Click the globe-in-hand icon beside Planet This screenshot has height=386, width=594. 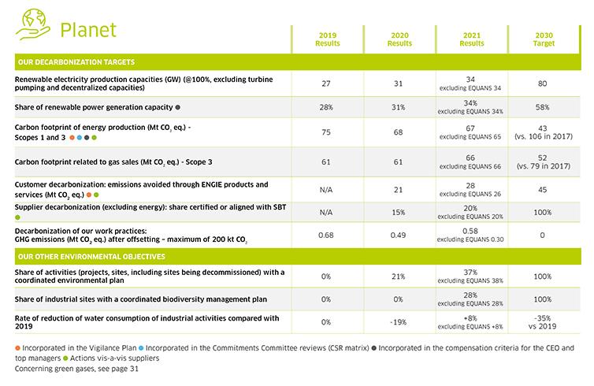[x=30, y=24]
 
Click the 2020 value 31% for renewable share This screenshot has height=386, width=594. [x=399, y=107]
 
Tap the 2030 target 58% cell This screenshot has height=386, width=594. [x=544, y=107]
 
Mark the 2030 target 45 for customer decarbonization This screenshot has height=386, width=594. [x=544, y=189]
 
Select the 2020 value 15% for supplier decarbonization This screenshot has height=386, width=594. [x=399, y=212]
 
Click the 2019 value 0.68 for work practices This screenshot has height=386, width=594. [x=326, y=235]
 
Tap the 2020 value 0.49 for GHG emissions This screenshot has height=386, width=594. [x=399, y=235]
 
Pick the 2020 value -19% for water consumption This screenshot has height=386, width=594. [x=399, y=322]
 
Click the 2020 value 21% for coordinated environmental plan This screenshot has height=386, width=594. [x=399, y=277]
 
